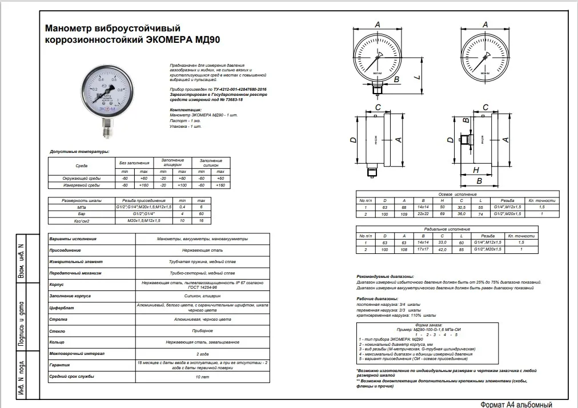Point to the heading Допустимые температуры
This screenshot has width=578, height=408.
tap(79, 152)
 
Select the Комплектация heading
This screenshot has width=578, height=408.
tap(186, 108)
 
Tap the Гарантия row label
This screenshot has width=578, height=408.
tap(62, 366)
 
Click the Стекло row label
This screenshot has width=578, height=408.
tap(59, 330)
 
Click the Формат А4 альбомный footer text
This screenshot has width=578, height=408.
tap(516, 403)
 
